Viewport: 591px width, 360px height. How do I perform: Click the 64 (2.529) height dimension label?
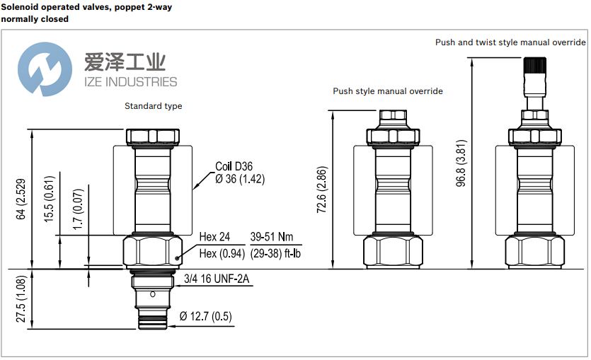pos(22,199)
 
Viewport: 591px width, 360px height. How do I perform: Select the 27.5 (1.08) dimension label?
pos(22,300)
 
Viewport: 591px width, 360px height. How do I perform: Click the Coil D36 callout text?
pos(234,167)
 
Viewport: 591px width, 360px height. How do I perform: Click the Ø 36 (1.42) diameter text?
pos(240,180)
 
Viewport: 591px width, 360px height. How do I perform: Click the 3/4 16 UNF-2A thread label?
pos(217,279)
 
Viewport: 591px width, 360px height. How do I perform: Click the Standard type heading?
pos(153,106)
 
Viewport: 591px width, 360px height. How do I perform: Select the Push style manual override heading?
pos(388,91)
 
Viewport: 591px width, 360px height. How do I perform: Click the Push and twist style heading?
pos(510,42)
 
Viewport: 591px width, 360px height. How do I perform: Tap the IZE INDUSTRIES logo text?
pos(130,82)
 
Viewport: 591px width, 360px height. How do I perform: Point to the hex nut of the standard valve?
pos(152,251)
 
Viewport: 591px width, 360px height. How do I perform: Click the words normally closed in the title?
pos(35,19)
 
